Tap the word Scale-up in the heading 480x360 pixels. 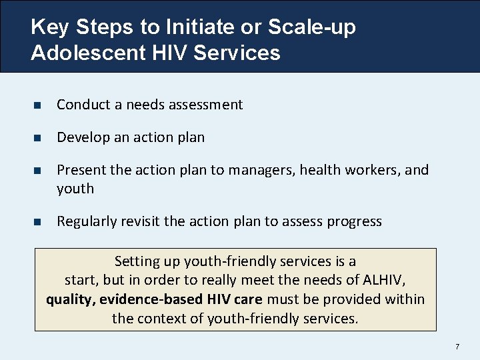click(312, 28)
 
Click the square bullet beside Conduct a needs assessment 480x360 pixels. click(37, 105)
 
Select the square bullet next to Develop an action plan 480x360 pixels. click(37, 138)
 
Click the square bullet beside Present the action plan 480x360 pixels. click(37, 171)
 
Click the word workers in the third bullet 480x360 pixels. click(373, 170)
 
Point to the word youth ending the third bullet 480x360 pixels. click(75, 189)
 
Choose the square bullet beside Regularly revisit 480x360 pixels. click(37, 222)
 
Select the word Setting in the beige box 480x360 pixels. click(137, 261)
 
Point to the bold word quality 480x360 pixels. click(71, 299)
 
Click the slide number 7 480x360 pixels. click(457, 347)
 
